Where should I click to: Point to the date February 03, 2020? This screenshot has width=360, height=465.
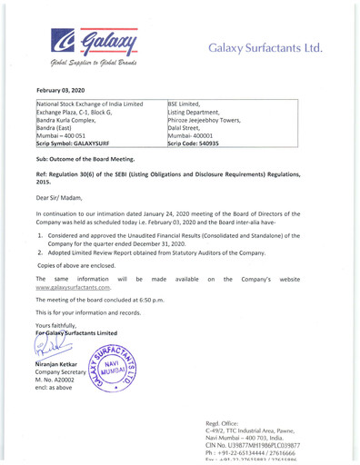(x=63, y=93)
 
